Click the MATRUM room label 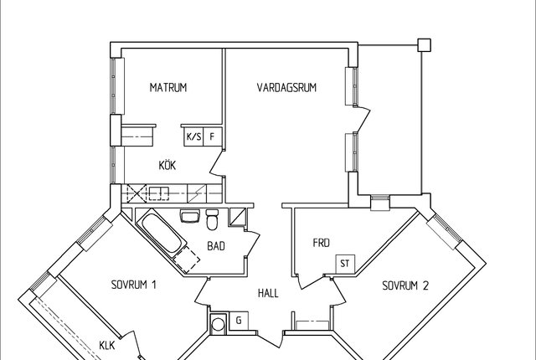point(168,87)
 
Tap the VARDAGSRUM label point(286,87)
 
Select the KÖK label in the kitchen point(167,165)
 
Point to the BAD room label point(216,246)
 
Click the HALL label point(268,293)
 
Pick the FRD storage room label point(322,243)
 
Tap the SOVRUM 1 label point(134,285)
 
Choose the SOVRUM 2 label point(405,285)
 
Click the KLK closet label point(107,345)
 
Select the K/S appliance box point(193,137)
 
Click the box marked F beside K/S point(213,137)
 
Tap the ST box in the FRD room point(345,264)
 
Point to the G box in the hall point(239,321)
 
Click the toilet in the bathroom point(212,219)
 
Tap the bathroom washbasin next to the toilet point(189,216)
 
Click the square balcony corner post point(425,45)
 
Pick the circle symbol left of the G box point(218,325)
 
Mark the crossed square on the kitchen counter point(137,193)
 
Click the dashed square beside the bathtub point(186,260)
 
